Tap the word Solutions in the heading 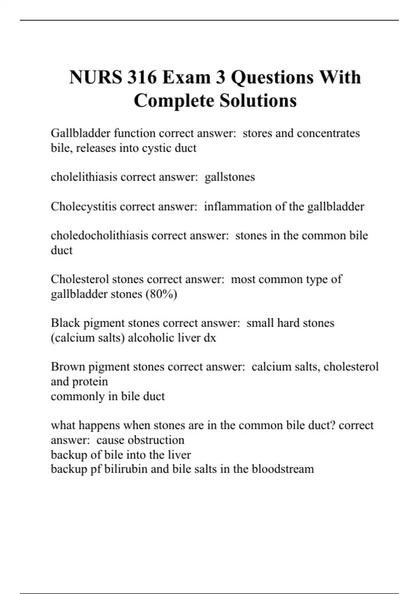tap(258, 101)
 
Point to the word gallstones tap(230, 177)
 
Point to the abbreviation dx tap(210, 338)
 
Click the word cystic tap(156, 148)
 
